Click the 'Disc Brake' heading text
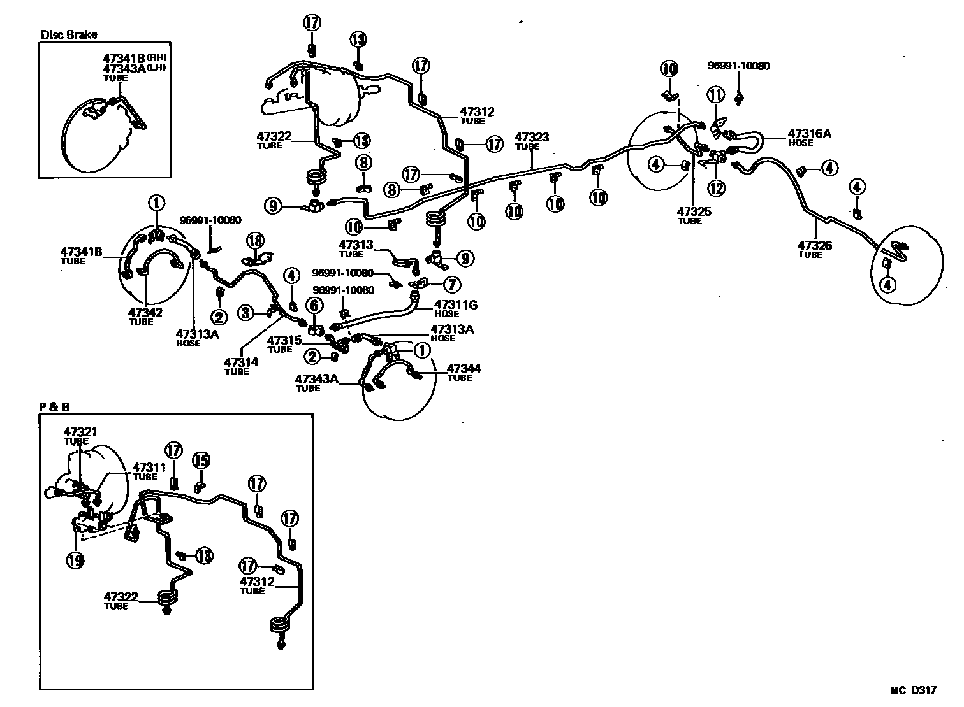pos(69,34)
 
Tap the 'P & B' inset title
pos(54,406)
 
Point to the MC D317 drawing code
pos(913,690)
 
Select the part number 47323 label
pos(532,137)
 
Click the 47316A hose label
pos(809,134)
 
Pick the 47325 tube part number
pos(694,211)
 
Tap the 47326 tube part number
pos(815,245)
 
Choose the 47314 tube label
pos(241,362)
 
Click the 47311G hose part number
pos(456,305)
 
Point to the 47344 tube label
pos(464,368)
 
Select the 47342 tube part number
pos(145,313)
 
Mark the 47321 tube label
pos(80,432)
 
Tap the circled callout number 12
pos(716,188)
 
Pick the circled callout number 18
pos(255,241)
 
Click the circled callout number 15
pos(201,460)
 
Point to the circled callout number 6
pos(314,306)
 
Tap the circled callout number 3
pos(247,313)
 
